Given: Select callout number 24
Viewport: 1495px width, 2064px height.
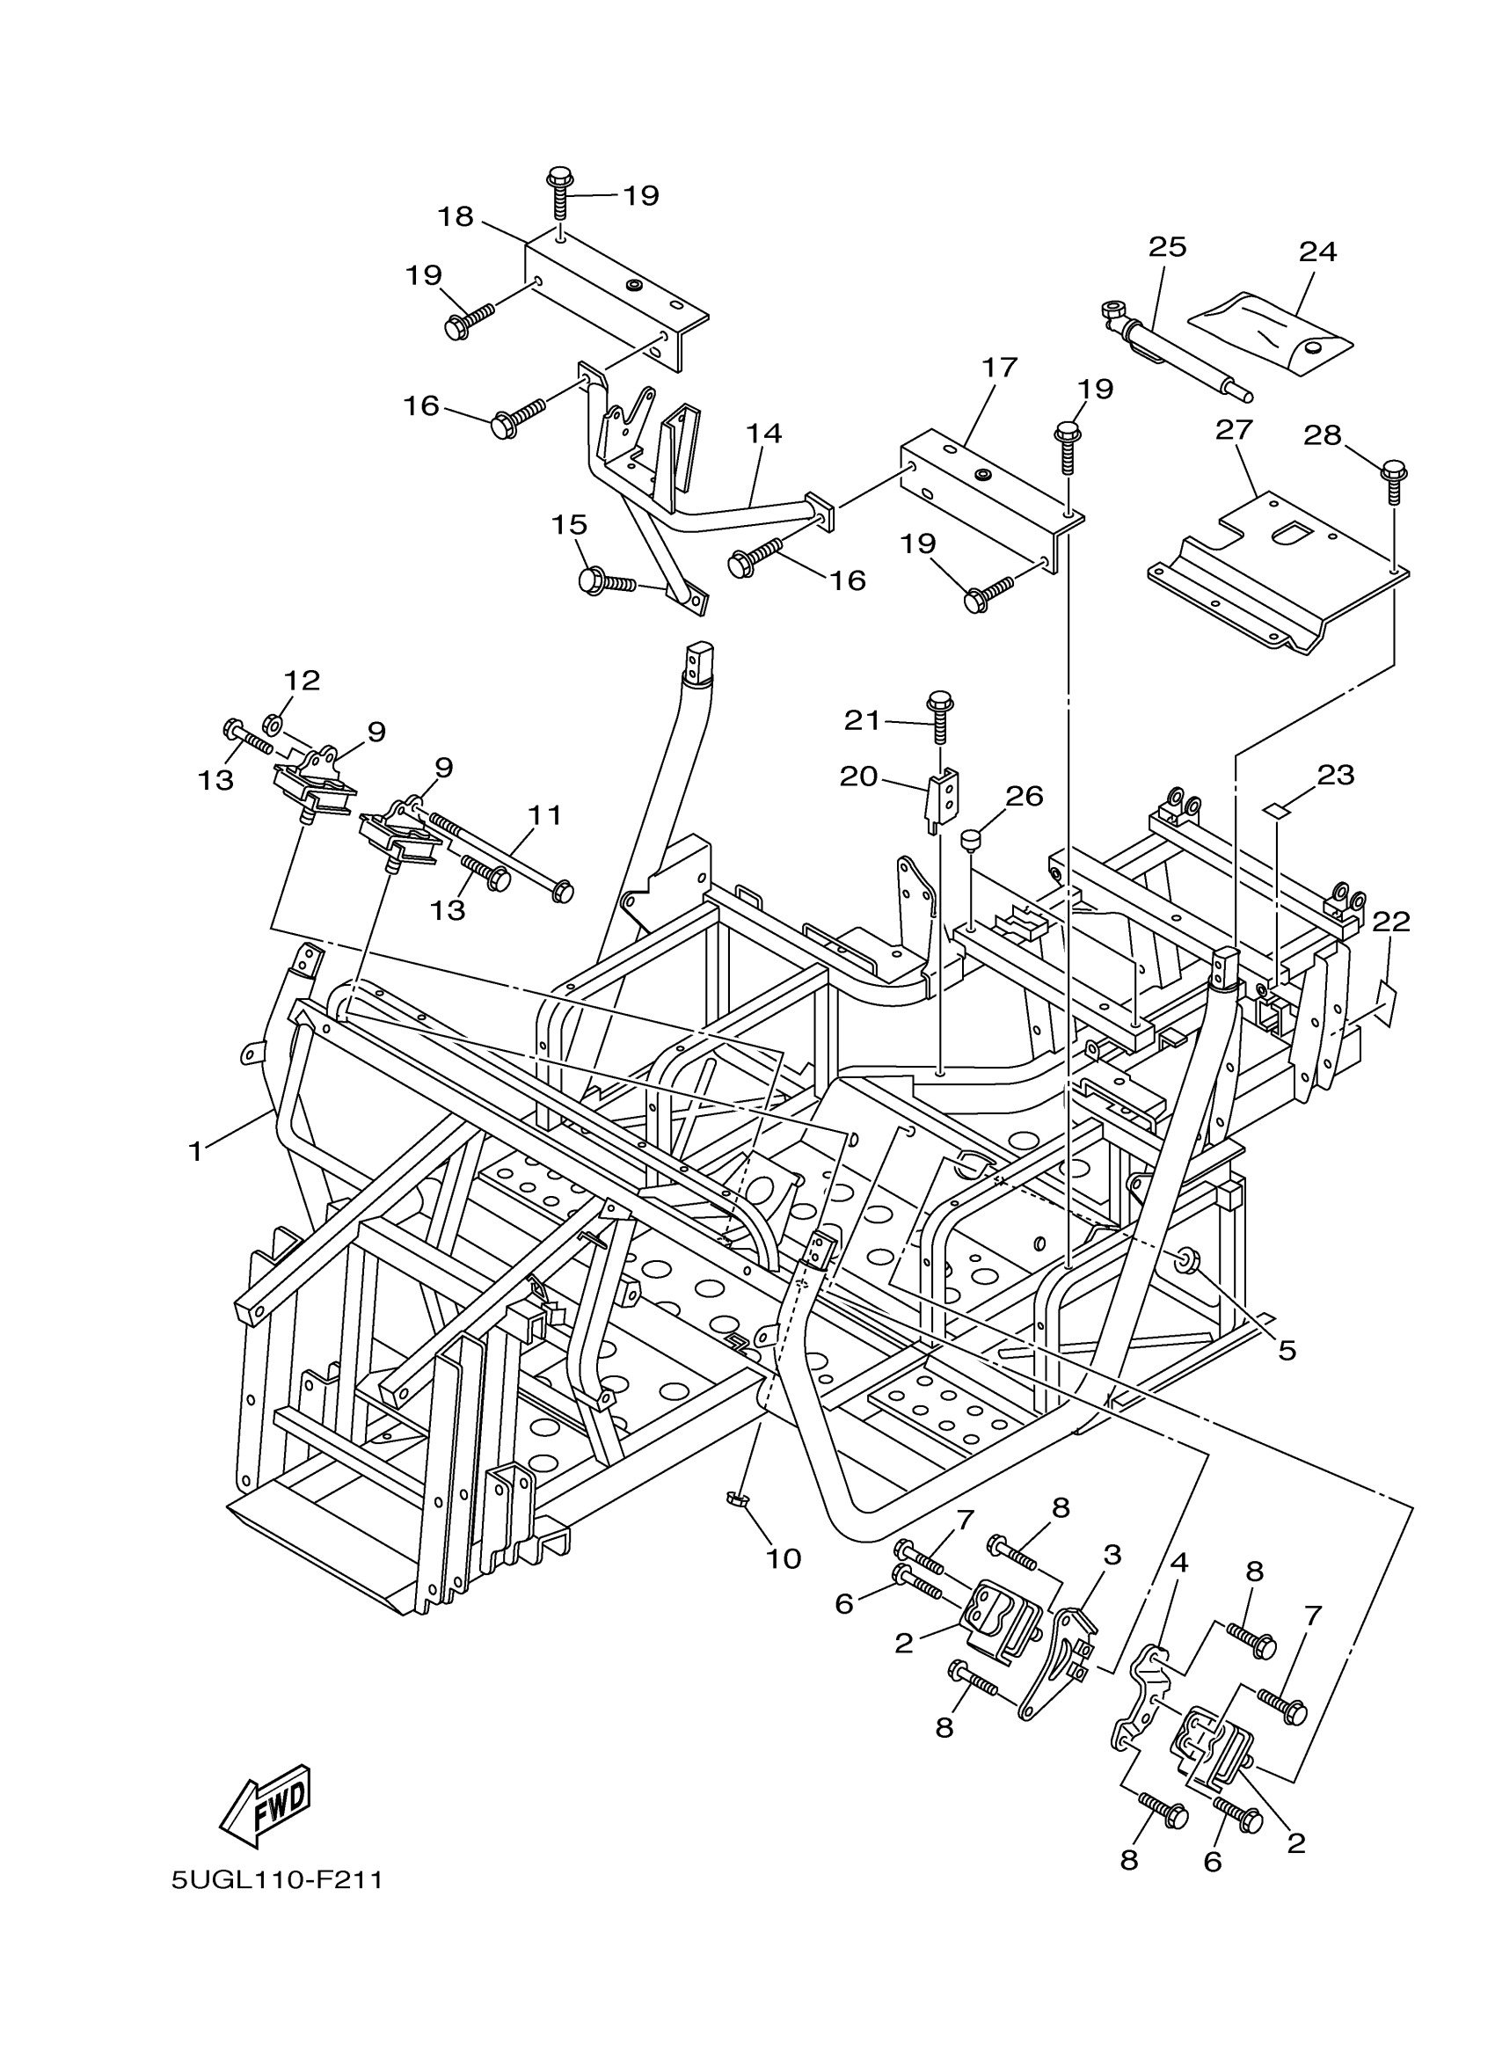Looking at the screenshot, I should coord(1317,252).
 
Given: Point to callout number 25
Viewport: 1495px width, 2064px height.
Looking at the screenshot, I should coord(1168,246).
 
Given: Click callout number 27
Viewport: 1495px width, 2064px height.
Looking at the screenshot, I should coord(1234,429).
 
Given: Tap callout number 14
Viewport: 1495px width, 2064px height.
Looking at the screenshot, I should coord(764,434).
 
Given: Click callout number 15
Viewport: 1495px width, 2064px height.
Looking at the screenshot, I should coord(569,525).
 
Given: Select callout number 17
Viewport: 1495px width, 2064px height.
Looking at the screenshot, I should coord(998,368).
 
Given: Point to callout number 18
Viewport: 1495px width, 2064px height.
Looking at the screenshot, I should coord(455,216).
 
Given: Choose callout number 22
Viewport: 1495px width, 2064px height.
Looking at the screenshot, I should coord(1390,921).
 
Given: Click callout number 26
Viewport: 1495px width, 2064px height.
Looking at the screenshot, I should coord(1025,795).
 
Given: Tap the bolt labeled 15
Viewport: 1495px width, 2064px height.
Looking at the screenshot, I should coord(605,580).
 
